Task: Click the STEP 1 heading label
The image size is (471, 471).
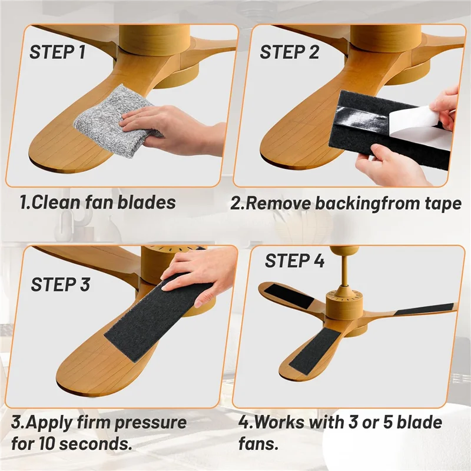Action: tap(57, 52)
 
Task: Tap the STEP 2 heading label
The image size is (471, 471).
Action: tap(289, 52)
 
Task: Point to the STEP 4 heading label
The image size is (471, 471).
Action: tap(294, 261)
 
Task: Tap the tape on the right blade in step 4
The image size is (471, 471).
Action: tap(424, 309)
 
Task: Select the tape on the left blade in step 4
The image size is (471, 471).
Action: tap(288, 295)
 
